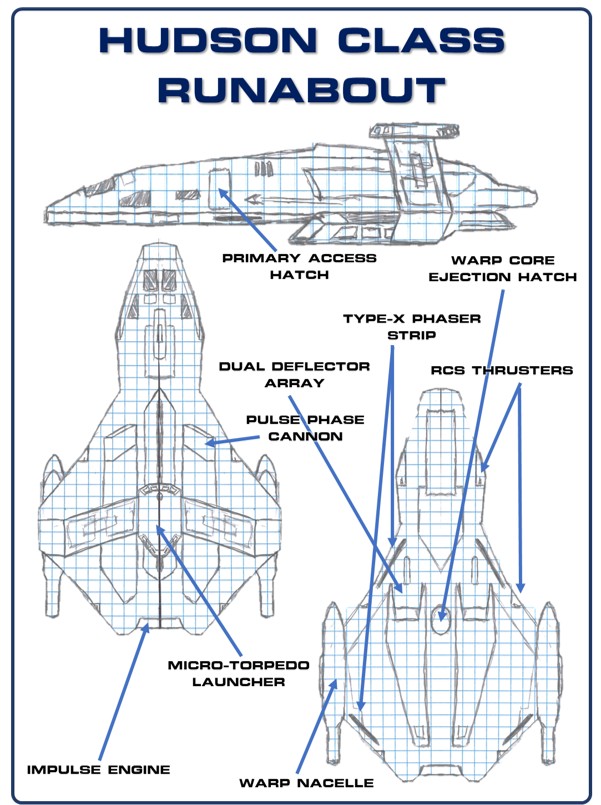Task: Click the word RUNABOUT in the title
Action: pos(300,89)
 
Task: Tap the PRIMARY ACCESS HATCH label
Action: pos(299,266)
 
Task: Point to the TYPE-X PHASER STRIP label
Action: pos(412,327)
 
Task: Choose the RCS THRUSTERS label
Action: pos(502,370)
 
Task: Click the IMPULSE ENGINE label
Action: pos(99,769)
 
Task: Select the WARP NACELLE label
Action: pos(306,782)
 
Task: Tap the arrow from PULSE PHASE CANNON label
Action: pos(225,439)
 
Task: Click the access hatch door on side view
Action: pos(219,185)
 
